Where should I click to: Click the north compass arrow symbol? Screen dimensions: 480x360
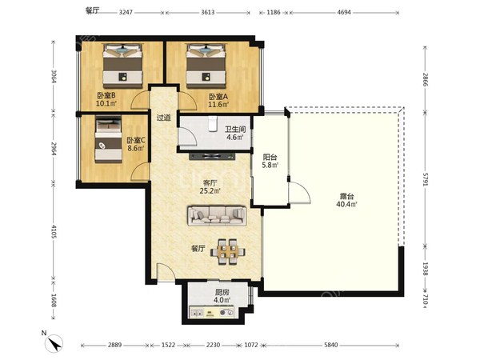(x=54, y=343)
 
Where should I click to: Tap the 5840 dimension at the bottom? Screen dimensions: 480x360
(x=331, y=345)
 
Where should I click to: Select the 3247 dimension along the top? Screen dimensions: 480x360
(x=126, y=13)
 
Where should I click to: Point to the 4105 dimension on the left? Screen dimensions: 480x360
(x=54, y=231)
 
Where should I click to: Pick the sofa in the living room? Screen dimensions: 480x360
(x=217, y=216)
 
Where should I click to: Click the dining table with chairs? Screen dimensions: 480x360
(x=228, y=252)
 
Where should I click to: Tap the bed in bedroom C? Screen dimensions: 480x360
(x=108, y=139)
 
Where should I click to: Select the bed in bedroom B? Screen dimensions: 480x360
(x=122, y=66)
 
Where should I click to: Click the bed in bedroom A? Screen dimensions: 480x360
(x=206, y=66)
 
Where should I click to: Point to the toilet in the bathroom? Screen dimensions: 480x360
(x=213, y=124)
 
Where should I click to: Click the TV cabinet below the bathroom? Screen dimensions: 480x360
(x=212, y=157)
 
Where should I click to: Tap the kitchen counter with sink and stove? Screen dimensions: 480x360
(x=212, y=312)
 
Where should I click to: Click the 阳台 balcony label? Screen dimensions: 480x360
(x=270, y=158)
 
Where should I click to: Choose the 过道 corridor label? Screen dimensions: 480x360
(x=164, y=118)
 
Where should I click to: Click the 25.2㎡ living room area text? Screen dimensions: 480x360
(x=210, y=191)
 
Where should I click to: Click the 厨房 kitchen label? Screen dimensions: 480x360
(x=222, y=292)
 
